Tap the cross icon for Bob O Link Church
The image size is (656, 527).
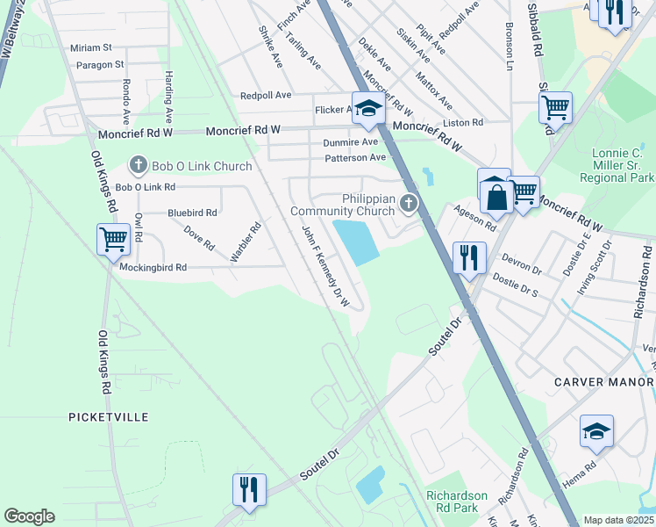tap(138, 165)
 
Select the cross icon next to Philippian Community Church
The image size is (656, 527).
tap(408, 205)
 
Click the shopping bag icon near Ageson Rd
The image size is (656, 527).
tap(496, 195)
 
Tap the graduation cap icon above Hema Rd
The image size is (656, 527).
tap(596, 432)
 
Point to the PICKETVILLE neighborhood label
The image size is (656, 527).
tap(109, 417)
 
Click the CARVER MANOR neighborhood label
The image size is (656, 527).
tap(604, 382)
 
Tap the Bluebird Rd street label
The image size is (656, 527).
tap(192, 213)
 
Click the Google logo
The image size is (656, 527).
tap(29, 516)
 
